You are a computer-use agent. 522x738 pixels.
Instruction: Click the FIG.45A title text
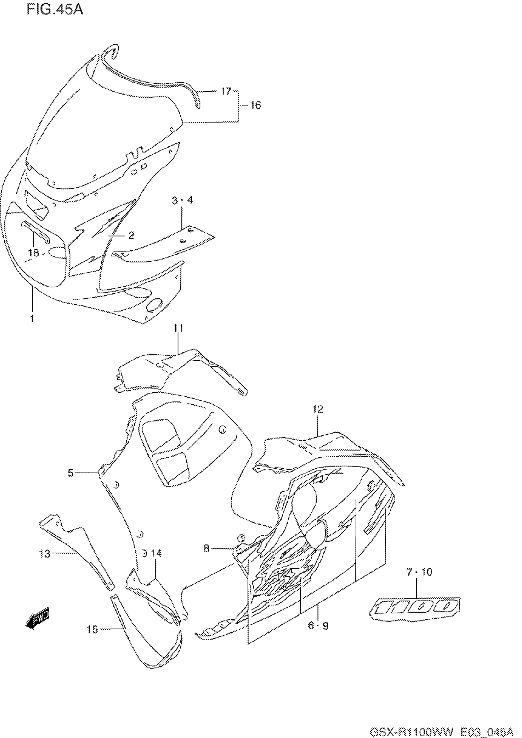pos(55,9)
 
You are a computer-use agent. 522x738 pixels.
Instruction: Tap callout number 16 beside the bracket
pos(255,105)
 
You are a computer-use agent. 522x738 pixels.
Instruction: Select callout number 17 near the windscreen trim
pos(226,91)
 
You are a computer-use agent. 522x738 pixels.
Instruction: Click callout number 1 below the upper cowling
pos(32,319)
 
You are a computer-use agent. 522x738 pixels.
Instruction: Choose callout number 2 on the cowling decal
pos(131,236)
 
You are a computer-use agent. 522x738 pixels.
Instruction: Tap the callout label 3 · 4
pos(182,200)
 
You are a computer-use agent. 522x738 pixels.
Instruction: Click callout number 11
pos(178,328)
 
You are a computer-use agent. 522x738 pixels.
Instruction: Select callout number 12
pos(317,409)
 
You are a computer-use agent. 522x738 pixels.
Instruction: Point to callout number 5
pos(71,473)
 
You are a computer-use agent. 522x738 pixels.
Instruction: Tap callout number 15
pos(92,629)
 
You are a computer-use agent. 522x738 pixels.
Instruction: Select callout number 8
pos(206,548)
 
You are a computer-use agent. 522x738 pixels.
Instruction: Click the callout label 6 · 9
pos(318,626)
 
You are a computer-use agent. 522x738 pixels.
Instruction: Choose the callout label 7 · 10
pos(419,572)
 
